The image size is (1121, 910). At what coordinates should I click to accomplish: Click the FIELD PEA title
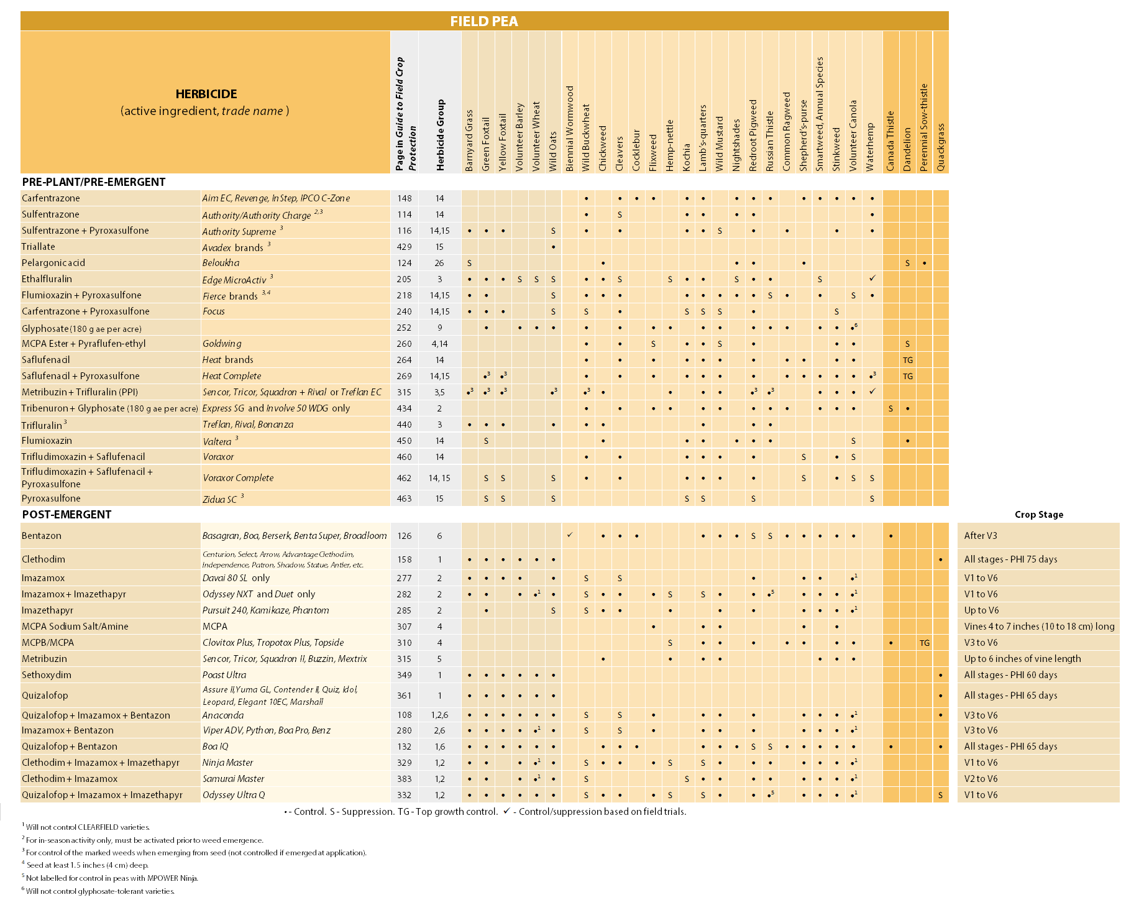(x=483, y=21)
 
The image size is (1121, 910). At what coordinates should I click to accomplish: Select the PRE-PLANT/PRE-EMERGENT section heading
(x=94, y=182)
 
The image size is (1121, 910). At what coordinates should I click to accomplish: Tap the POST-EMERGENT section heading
(x=66, y=515)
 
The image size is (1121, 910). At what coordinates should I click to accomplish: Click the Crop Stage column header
(x=1038, y=515)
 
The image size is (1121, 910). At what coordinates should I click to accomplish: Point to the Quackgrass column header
(x=940, y=147)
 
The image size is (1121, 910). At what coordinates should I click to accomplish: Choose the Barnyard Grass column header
(x=469, y=140)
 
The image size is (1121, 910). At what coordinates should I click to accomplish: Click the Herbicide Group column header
(x=440, y=135)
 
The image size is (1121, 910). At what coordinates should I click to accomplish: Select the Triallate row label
(x=39, y=247)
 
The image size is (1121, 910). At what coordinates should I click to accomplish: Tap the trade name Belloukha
(x=221, y=263)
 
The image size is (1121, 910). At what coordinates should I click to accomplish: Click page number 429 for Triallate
(x=404, y=247)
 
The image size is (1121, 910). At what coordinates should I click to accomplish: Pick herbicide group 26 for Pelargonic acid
(x=439, y=263)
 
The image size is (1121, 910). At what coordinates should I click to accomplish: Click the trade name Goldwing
(x=222, y=344)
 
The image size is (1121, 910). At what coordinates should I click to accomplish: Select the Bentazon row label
(x=42, y=536)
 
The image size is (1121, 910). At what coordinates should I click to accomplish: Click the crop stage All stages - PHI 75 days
(x=1010, y=559)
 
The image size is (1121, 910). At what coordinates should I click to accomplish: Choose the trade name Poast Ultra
(x=224, y=675)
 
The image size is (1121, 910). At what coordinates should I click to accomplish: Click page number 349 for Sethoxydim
(x=404, y=675)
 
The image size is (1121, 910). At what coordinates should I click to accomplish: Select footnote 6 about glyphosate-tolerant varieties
(x=99, y=891)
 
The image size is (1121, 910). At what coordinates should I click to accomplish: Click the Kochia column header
(x=686, y=157)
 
